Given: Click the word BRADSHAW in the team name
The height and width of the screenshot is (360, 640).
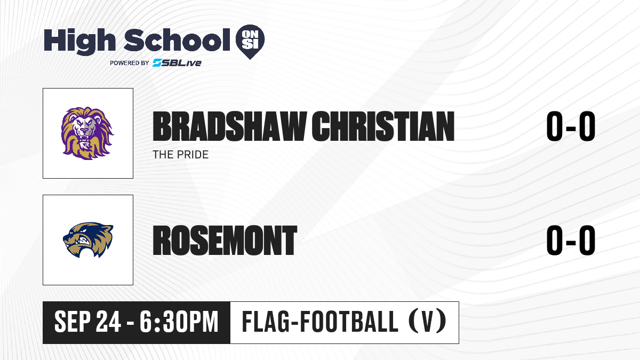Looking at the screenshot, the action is click(x=229, y=126).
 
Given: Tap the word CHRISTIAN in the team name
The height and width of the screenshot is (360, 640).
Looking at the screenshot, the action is click(x=383, y=126).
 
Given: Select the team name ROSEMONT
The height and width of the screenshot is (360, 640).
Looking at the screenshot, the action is click(x=225, y=241).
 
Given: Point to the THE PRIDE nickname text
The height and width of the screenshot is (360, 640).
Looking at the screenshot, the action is click(x=181, y=155).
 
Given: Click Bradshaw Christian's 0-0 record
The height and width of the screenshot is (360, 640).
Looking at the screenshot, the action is click(x=571, y=126).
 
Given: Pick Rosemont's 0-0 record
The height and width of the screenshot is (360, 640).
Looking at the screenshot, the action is click(x=571, y=241).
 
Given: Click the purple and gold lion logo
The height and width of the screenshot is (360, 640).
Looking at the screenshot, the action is click(x=87, y=133).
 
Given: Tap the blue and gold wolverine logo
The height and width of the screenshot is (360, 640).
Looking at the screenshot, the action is click(x=88, y=240).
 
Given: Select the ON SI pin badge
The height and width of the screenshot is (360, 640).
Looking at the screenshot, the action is click(x=250, y=42).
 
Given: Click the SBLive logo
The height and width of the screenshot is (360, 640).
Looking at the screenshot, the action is click(x=177, y=63).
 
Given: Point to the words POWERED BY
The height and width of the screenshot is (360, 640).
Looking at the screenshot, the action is click(x=130, y=63).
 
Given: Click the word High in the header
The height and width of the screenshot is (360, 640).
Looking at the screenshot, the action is click(x=79, y=42).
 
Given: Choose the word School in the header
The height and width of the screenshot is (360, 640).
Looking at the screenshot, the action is click(x=177, y=40).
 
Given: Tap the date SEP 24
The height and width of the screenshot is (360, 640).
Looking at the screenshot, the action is click(x=87, y=322).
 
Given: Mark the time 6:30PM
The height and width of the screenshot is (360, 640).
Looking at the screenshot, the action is click(x=179, y=322).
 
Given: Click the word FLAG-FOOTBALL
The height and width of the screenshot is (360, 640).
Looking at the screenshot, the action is click(x=320, y=321).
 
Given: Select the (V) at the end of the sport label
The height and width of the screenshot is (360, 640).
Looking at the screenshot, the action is click(x=427, y=321).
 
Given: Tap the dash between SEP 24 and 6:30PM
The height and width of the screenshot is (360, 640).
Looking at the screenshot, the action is click(x=130, y=323).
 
